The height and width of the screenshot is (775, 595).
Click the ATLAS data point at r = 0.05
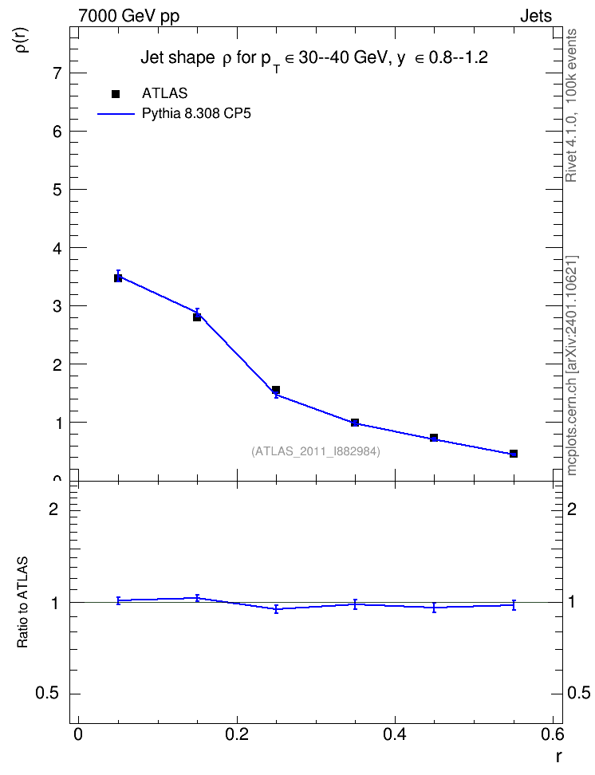coord(118,278)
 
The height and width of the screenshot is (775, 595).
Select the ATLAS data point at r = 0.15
coord(197,317)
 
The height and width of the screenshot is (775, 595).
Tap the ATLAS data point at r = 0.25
coord(276,390)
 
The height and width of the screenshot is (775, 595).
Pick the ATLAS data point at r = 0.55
coord(514,454)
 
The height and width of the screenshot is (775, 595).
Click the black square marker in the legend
coord(116,94)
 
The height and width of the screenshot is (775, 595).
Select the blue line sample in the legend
coord(116,114)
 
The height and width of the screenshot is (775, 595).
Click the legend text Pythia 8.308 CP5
coord(196,114)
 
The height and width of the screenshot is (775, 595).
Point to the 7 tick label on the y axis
coord(58,73)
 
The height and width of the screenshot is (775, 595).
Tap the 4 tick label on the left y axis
coord(58,248)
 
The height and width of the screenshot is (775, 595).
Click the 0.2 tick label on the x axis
coord(237,734)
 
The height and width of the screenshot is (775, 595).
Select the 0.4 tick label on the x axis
coord(395,734)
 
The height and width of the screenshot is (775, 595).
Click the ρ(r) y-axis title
coord(23,40)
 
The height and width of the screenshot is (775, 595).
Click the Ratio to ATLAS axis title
coord(22,603)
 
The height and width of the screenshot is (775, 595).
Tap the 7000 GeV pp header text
coord(128,16)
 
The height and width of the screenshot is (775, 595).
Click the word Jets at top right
coord(536,16)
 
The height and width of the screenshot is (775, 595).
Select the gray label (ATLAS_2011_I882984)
coord(316,451)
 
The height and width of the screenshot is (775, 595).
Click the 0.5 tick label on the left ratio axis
coord(47,694)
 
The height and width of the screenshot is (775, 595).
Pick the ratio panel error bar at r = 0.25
coord(277,609)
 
